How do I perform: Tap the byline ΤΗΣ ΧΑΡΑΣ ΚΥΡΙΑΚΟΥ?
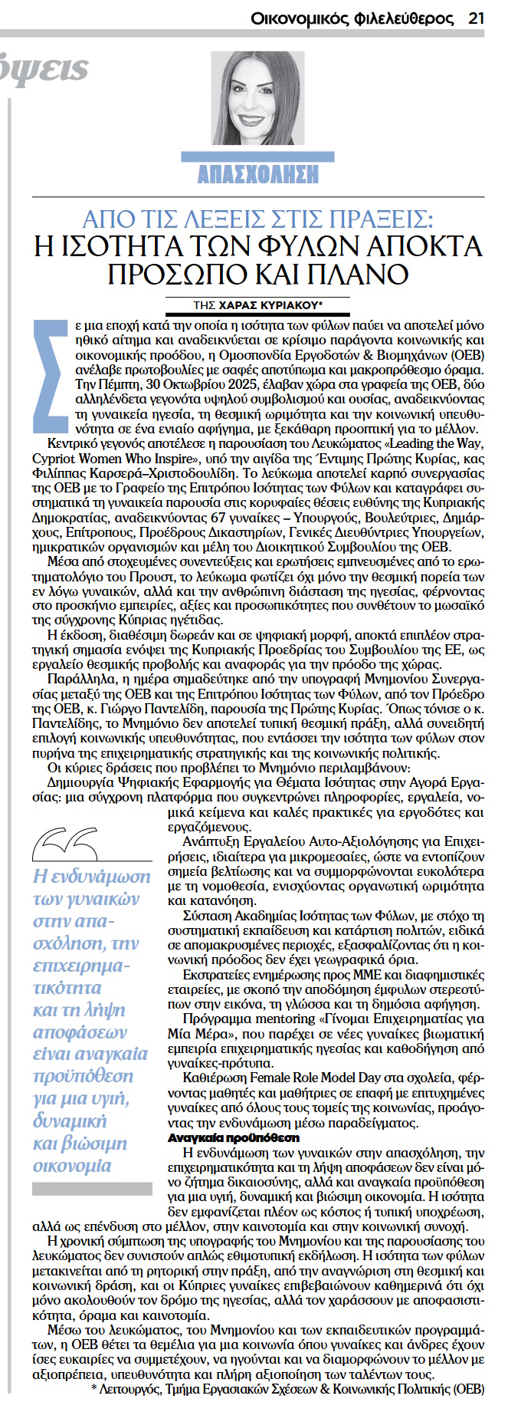coord(257,304)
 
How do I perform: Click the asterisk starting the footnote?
coord(94,1389)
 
